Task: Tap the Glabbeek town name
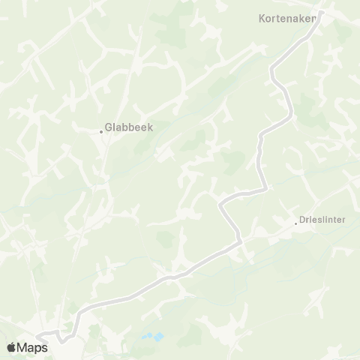(130, 127)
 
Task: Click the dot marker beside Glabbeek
(101, 132)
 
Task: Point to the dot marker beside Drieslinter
(296, 222)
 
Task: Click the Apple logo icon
(12, 346)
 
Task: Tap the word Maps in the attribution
(33, 346)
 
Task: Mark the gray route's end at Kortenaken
(318, 18)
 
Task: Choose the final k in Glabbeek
(150, 127)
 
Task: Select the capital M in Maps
(24, 346)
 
